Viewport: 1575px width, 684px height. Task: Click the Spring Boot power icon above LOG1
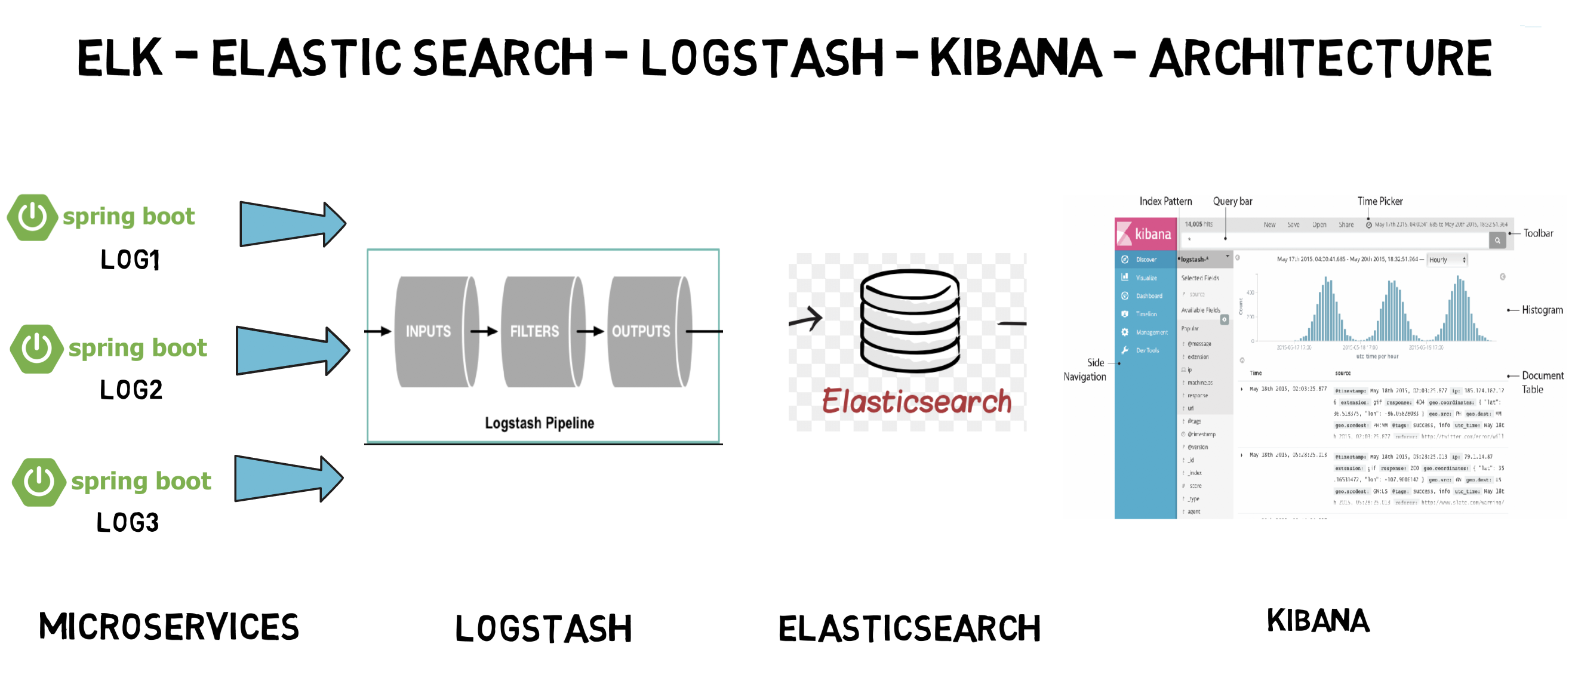coord(32,217)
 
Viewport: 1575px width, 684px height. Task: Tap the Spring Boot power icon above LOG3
coord(39,482)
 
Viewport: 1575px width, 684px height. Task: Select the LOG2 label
coord(131,390)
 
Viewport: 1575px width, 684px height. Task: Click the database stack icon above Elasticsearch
coord(909,321)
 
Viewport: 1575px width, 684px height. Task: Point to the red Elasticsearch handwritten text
coord(916,402)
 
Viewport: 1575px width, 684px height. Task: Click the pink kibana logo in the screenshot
coord(1145,233)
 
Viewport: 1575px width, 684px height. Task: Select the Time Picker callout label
coord(1379,201)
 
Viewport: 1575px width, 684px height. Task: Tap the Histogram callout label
coord(1542,310)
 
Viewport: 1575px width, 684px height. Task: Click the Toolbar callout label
coord(1538,233)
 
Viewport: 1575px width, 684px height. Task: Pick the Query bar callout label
coord(1232,201)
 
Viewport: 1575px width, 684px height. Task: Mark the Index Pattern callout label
coord(1165,201)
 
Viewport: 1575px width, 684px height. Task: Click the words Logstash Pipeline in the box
coord(539,423)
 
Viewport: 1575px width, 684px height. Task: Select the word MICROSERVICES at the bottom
coord(169,627)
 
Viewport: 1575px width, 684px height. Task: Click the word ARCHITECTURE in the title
coord(1321,58)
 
